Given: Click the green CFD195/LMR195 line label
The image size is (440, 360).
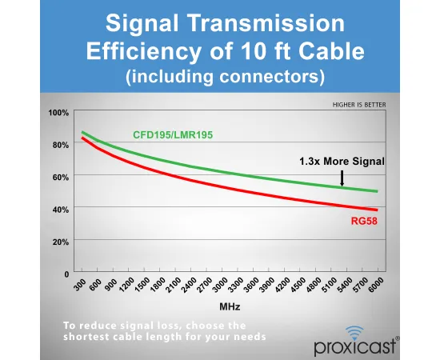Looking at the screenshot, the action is [173, 135].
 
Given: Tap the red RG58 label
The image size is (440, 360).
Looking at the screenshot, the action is [364, 221].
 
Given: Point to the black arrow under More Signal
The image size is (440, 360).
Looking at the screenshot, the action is [342, 178].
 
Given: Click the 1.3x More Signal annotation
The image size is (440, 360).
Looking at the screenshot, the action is [342, 162].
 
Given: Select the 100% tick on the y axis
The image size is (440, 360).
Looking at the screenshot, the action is [58, 113].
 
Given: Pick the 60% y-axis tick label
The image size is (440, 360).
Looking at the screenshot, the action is [61, 178].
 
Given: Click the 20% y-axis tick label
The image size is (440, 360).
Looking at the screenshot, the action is [61, 242].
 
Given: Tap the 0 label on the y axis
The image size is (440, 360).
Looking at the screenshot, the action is [66, 274].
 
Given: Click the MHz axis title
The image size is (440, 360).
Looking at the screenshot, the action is [230, 306].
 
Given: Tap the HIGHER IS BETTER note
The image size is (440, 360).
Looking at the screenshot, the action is [359, 105].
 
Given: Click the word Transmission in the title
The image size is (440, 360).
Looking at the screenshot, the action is [267, 23].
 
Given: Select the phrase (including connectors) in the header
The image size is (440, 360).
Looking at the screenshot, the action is [226, 76].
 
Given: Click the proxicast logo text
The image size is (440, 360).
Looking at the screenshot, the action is [355, 347].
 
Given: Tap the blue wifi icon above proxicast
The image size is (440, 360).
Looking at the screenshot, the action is [354, 332].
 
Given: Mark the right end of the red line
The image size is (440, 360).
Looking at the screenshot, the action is [378, 210].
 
